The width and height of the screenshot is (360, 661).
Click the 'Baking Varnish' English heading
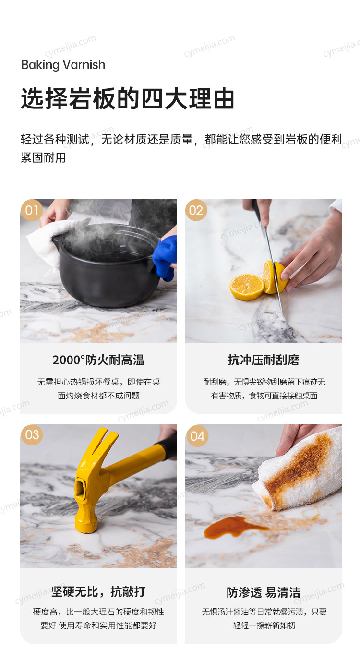tap(63, 65)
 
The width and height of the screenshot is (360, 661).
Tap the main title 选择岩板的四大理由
tap(128, 98)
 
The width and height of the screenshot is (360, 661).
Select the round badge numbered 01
tap(32, 210)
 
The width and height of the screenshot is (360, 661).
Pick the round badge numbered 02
tap(196, 210)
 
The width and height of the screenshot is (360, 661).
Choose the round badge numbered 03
tap(32, 435)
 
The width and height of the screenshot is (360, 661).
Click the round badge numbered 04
tap(197, 436)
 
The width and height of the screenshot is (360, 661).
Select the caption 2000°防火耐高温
tap(98, 360)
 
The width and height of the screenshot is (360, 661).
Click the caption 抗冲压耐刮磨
tap(264, 360)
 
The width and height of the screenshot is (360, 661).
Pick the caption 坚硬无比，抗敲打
tap(98, 592)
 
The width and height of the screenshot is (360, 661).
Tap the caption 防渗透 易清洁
tap(264, 592)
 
